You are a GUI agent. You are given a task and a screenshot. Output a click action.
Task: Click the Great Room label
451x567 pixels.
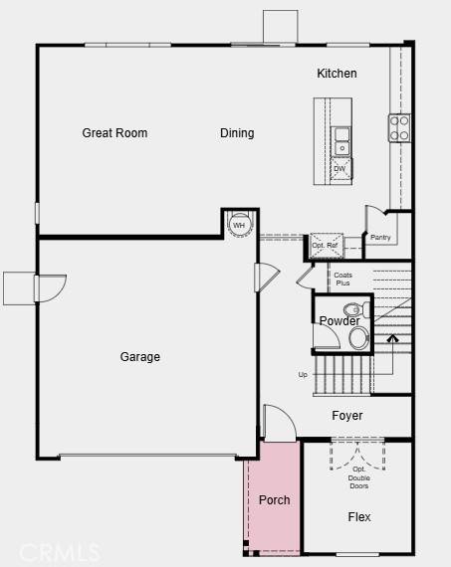click(x=114, y=132)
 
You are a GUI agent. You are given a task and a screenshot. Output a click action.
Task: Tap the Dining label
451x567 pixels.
click(x=237, y=132)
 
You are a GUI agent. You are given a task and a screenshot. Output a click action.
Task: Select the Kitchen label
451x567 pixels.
click(x=337, y=74)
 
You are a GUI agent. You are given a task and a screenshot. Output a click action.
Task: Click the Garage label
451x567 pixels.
click(x=140, y=357)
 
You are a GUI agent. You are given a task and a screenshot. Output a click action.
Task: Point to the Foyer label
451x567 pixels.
click(x=347, y=416)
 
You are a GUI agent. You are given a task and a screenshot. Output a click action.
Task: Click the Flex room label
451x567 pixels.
click(x=359, y=517)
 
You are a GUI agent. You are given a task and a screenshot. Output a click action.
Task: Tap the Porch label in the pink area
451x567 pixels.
click(x=275, y=499)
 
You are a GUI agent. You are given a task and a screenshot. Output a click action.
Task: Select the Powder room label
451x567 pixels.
click(x=339, y=321)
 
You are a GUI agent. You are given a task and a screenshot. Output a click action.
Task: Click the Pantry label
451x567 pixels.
click(x=380, y=237)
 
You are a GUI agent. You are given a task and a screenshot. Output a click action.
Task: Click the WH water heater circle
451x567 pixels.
click(x=239, y=225)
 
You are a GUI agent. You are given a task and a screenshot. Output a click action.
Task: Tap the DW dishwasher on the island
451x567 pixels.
click(x=340, y=169)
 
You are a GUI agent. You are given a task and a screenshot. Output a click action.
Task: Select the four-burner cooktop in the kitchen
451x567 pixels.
click(x=399, y=127)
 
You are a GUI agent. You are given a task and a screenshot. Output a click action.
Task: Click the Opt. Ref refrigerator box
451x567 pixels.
click(x=326, y=246)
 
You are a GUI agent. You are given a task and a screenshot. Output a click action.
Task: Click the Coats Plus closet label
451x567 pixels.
click(x=342, y=279)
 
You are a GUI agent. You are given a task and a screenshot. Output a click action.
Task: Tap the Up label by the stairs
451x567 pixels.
click(x=303, y=375)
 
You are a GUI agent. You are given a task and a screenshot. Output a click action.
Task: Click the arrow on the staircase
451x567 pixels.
click(x=392, y=340)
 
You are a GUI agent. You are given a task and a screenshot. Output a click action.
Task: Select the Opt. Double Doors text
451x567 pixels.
click(x=358, y=478)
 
